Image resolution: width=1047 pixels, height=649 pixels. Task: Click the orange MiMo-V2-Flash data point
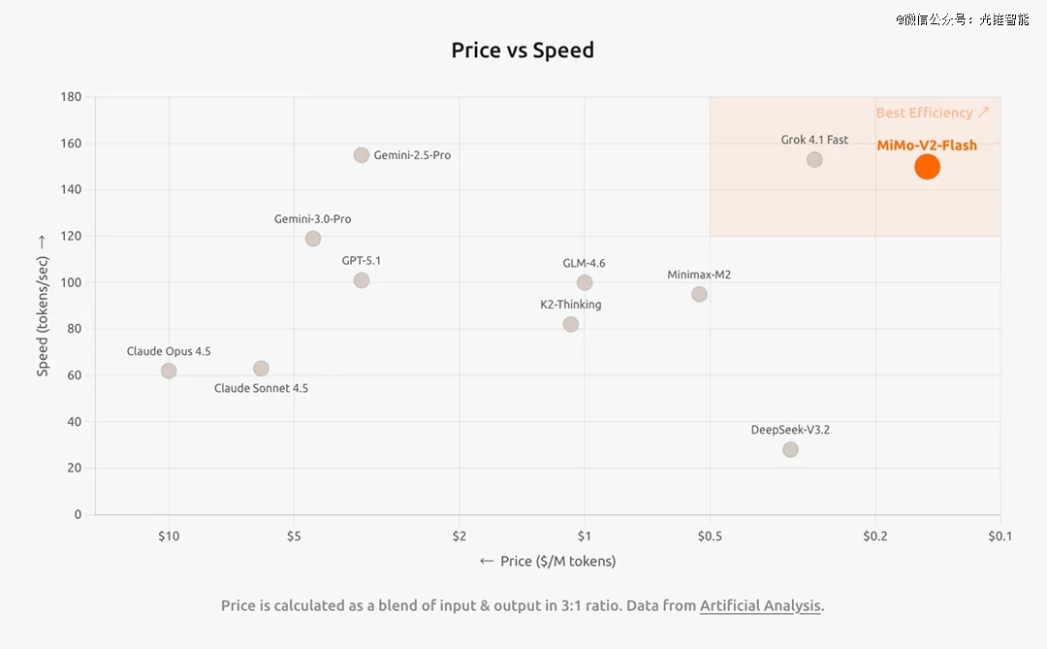(x=927, y=167)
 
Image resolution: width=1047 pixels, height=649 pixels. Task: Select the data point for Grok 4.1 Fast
(x=814, y=160)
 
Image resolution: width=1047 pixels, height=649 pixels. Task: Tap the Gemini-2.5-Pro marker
(x=362, y=155)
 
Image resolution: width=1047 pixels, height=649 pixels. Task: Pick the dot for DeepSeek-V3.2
(x=790, y=450)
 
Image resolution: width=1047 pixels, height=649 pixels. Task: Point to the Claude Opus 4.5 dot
(x=169, y=371)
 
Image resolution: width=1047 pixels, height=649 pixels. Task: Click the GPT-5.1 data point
(x=362, y=280)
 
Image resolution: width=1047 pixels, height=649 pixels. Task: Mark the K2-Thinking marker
(x=570, y=324)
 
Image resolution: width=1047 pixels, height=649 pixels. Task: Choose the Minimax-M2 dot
(x=699, y=294)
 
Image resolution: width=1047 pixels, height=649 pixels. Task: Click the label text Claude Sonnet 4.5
(x=261, y=388)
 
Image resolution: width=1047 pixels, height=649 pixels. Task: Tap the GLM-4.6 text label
(x=584, y=263)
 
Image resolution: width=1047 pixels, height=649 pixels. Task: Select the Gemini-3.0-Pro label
(x=312, y=219)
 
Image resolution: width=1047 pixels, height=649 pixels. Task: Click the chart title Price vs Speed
(x=523, y=50)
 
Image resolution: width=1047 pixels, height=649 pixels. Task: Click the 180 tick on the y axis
(x=71, y=97)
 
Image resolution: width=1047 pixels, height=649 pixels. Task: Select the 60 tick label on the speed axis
(x=74, y=375)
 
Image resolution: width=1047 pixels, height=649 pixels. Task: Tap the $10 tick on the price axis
(x=169, y=535)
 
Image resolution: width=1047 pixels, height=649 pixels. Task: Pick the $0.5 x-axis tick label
(x=710, y=535)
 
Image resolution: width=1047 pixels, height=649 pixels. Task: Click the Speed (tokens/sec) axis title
(x=42, y=305)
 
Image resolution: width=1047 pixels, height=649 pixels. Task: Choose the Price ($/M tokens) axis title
(x=548, y=561)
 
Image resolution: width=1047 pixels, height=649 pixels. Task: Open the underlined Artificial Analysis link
(x=761, y=605)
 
